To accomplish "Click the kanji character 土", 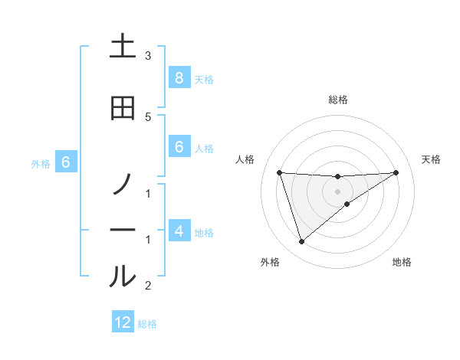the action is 123,47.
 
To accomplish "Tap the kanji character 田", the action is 123,108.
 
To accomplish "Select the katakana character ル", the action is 123,277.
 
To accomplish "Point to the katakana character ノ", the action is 123,185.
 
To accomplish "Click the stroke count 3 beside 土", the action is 148,56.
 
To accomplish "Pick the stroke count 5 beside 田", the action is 148,116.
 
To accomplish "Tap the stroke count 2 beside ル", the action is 148,286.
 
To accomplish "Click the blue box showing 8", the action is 179,78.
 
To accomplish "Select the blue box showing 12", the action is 123,322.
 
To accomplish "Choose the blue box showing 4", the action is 179,231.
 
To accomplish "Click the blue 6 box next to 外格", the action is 65,162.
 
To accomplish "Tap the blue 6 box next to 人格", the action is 179,147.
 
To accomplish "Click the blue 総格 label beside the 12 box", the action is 147,323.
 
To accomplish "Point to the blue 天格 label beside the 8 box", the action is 204,79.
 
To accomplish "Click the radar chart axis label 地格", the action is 402,262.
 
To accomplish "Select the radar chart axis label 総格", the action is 338,100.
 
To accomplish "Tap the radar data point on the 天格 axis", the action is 396,172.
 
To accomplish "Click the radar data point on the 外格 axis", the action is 301,242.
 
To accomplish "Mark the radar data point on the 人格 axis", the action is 279,172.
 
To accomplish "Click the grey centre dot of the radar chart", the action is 338,191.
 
